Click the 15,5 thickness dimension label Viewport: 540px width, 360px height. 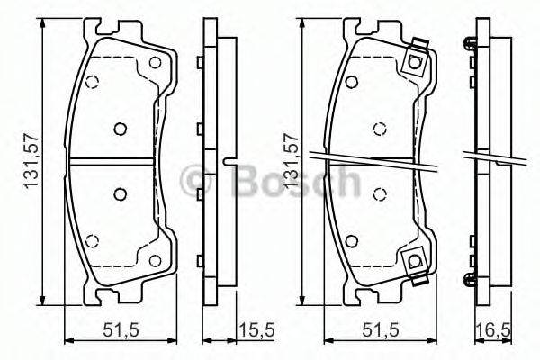[257, 330]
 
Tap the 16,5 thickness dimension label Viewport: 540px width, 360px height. [493, 331]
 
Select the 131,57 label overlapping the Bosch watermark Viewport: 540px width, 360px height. [291, 160]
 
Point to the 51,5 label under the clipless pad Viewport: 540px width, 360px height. [121, 330]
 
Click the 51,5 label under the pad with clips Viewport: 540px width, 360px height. [380, 330]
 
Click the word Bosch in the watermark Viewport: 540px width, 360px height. [297, 181]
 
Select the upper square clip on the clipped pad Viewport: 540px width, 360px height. [415, 61]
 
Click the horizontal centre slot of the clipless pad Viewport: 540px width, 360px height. [112, 161]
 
